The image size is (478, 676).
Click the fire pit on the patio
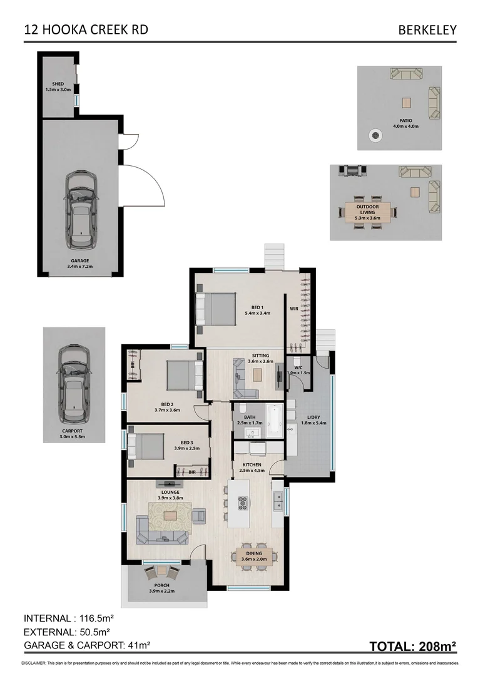point(375,134)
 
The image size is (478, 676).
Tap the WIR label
point(293,309)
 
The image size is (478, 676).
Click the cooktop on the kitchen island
point(243,502)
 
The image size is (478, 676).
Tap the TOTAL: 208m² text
point(412,646)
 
